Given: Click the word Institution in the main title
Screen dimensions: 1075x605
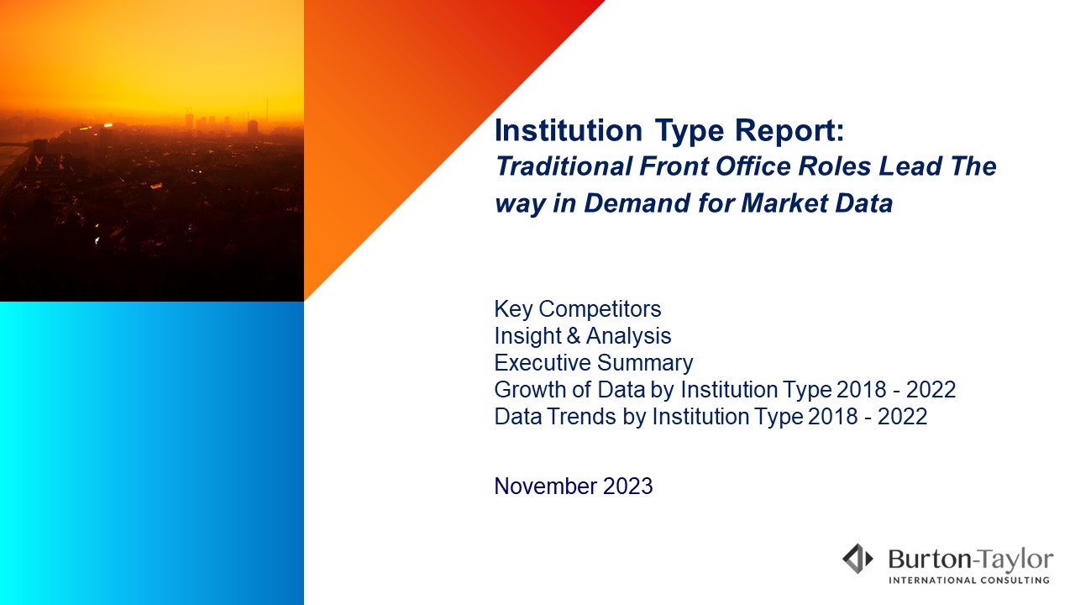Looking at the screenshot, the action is point(569,130).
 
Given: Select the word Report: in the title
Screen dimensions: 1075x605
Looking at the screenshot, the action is point(789,131).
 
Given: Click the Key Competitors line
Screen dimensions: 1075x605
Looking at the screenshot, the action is point(578,309).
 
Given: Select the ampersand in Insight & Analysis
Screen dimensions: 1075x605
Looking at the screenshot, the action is point(574,335).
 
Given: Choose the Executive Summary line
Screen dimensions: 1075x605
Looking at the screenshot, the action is point(594,363).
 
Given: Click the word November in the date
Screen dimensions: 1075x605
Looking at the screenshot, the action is point(546,487).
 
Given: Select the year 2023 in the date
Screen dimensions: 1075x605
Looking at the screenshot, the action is point(627,487).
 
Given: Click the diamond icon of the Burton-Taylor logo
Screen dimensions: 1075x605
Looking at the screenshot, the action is point(857,559).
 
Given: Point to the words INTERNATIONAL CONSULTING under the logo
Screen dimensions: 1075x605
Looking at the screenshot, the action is point(969,581).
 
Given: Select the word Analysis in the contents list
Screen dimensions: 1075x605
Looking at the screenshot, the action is point(629,336).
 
